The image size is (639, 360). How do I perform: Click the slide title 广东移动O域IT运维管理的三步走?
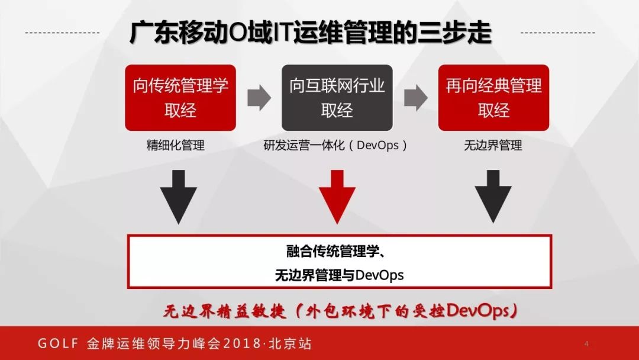[x=311, y=33]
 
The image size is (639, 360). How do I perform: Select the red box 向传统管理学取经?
[x=180, y=98]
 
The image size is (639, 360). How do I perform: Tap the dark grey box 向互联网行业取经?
[x=337, y=98]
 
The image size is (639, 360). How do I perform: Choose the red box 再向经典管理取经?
[x=493, y=98]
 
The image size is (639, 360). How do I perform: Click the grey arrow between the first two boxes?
[x=259, y=98]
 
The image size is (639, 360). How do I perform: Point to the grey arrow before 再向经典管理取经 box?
[x=415, y=98]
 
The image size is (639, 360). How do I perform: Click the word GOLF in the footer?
[x=56, y=343]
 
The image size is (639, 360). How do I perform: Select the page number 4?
[x=586, y=343]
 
